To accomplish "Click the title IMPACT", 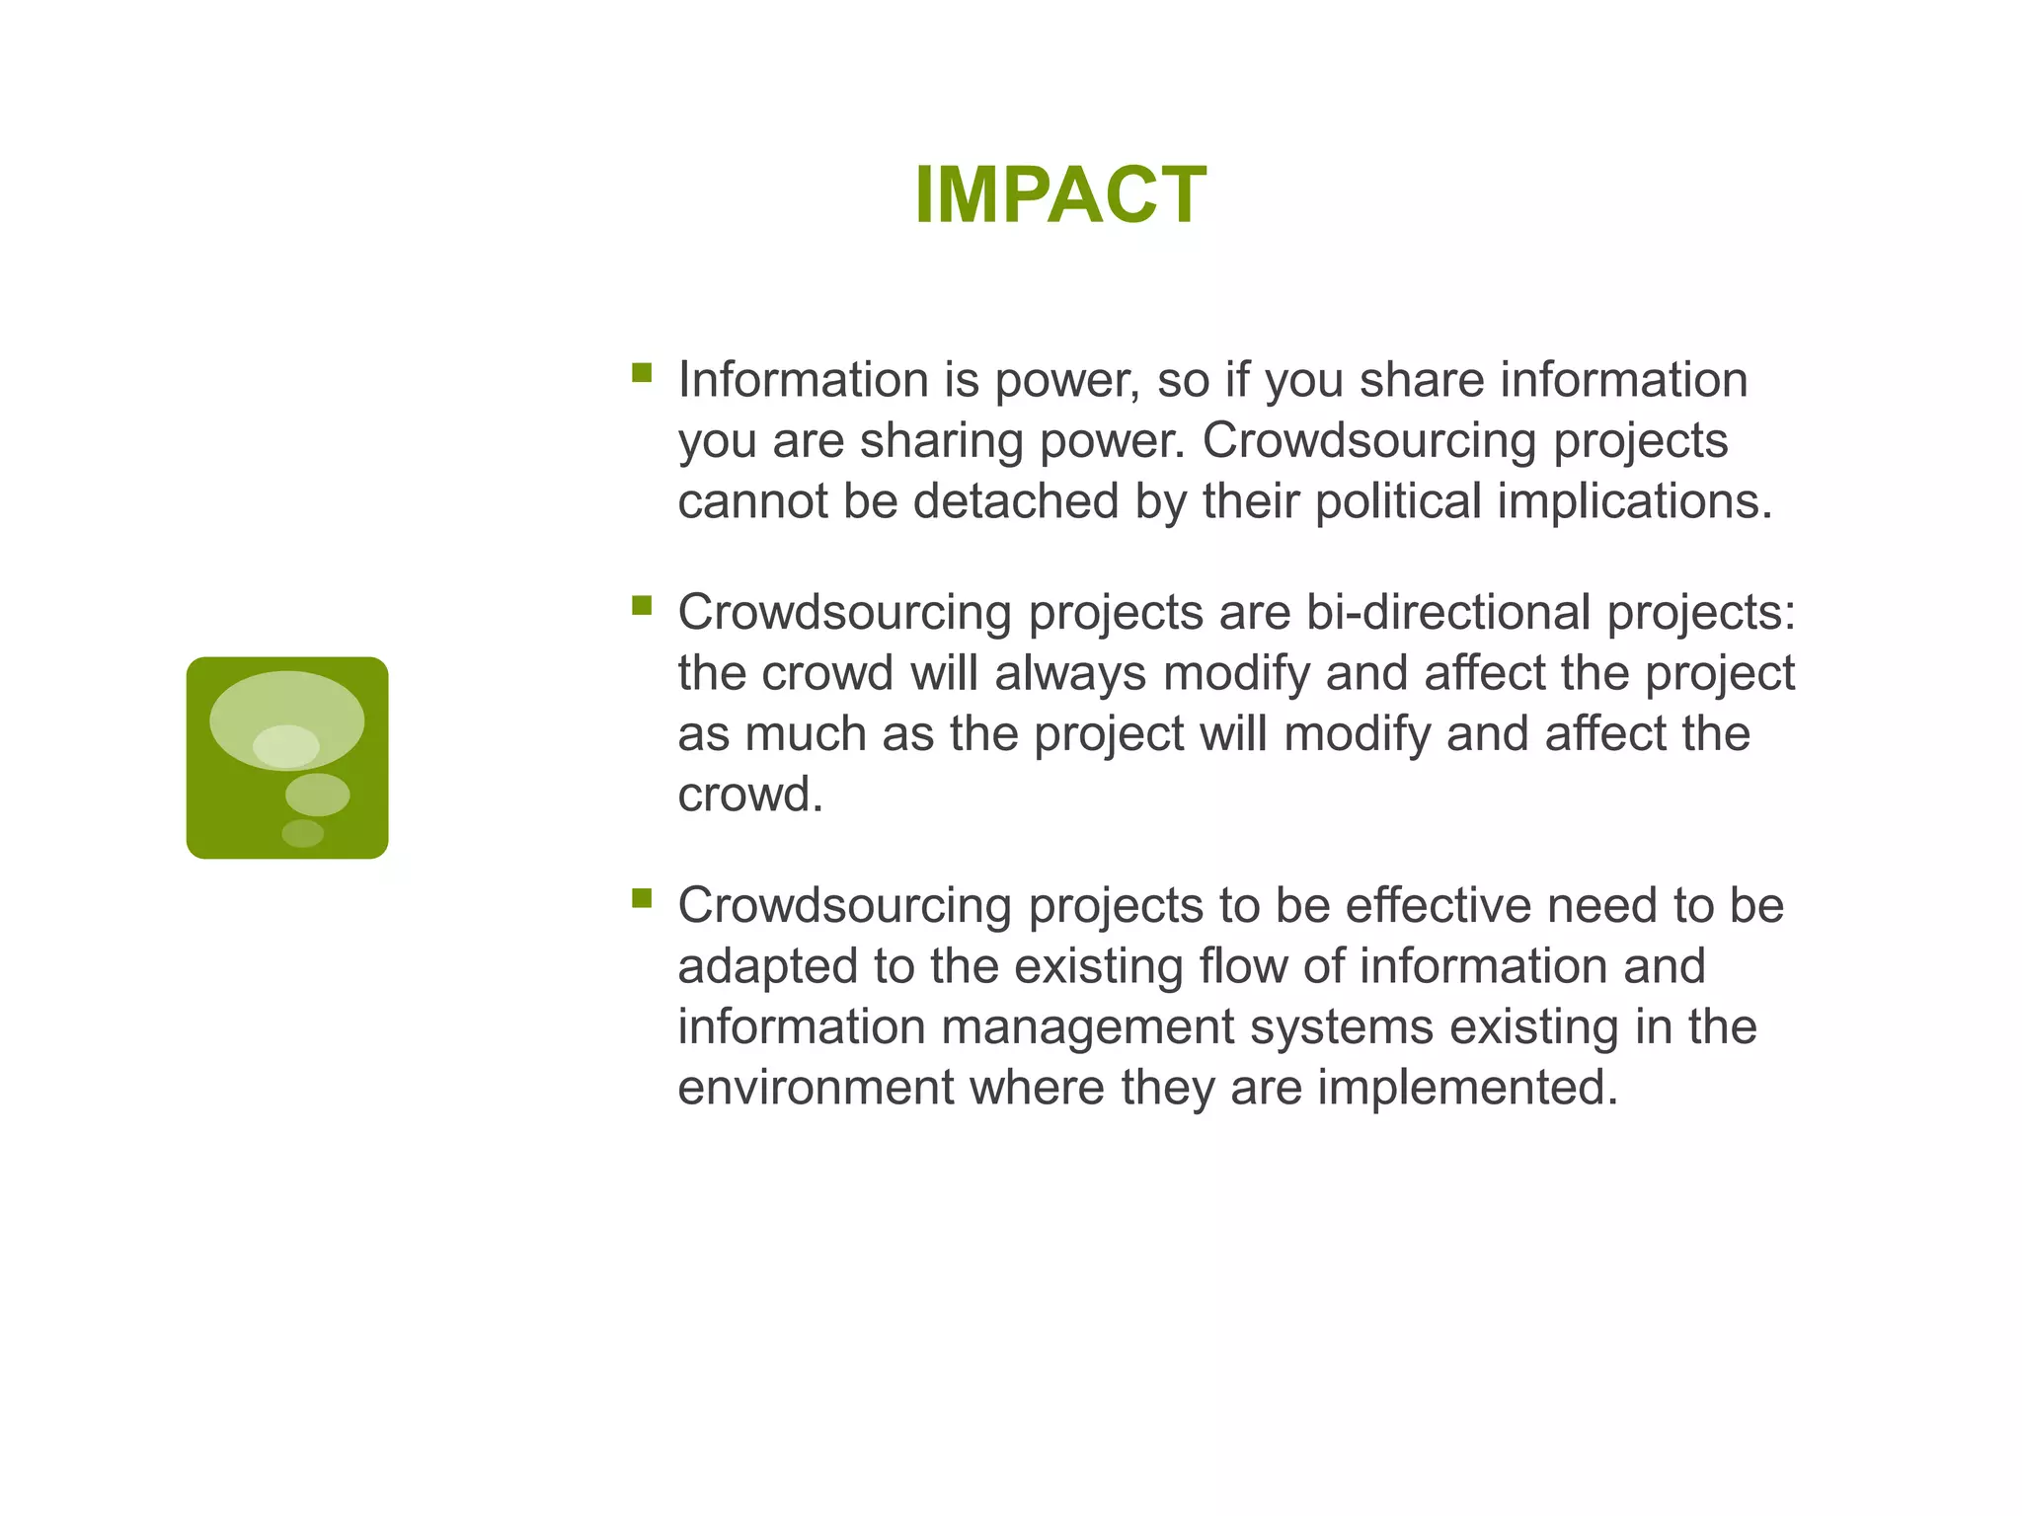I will pyautogui.click(x=1059, y=195).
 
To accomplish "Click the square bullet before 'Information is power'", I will pyautogui.click(x=642, y=372).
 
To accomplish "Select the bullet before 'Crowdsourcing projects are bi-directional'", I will pyautogui.click(x=642, y=605).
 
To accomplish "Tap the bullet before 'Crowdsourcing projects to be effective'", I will pyautogui.click(x=642, y=897).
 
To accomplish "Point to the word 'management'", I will pyautogui.click(x=1087, y=1026).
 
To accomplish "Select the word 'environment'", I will pyautogui.click(x=816, y=1088).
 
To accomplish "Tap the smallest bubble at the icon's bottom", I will pyautogui.click(x=302, y=833).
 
